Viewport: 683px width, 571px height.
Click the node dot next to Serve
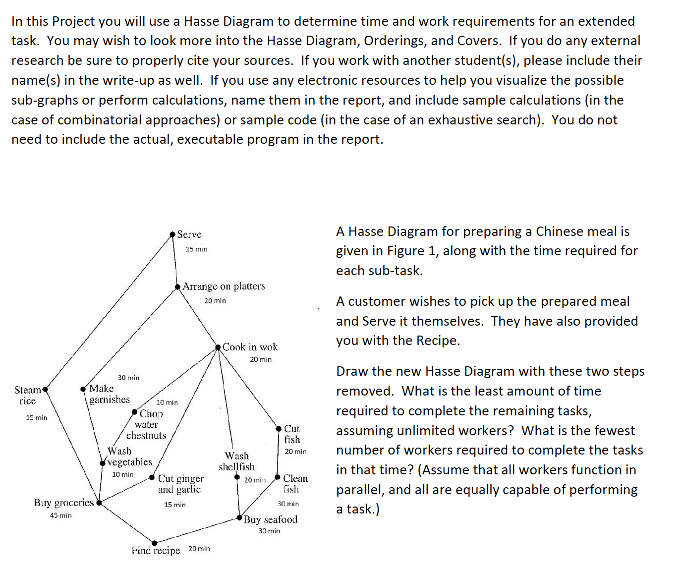pos(172,234)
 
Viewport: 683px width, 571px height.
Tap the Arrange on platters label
pos(224,286)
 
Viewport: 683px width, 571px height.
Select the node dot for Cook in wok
pos(218,347)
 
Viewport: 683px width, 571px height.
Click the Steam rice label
pos(27,396)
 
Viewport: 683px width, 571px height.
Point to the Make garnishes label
pos(109,394)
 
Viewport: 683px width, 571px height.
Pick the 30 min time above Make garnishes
pos(128,378)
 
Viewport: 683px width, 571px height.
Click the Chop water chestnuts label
pos(147,424)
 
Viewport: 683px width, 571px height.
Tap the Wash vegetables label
pos(129,457)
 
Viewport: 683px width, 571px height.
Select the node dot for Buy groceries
pos(99,503)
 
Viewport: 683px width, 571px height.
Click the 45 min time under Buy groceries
pos(60,515)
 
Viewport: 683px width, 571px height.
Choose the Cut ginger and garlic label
pos(180,484)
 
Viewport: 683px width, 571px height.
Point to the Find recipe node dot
pos(155,543)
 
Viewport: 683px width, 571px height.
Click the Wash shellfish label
pos(236,461)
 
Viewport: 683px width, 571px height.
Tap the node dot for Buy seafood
pos(240,518)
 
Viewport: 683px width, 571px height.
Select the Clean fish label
pos(295,483)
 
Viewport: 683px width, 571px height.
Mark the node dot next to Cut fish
pos(279,429)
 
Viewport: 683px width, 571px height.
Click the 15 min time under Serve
pos(196,249)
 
